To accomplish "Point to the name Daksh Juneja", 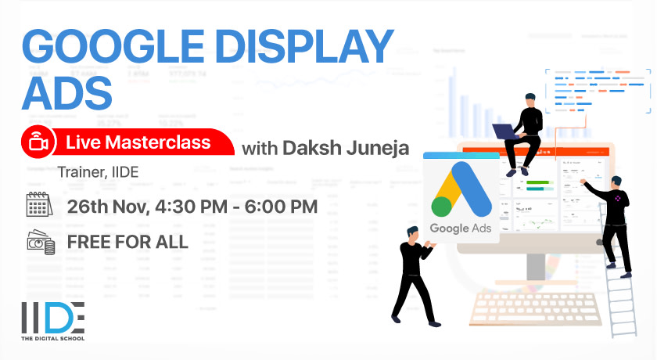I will pyautogui.click(x=347, y=147).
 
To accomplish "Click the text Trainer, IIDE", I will pyautogui.click(x=98, y=171).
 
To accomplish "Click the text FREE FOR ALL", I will pyautogui.click(x=127, y=241).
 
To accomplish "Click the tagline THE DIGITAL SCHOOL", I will pyautogui.click(x=52, y=337).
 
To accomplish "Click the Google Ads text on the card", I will pyautogui.click(x=460, y=229).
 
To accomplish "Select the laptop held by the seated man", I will pyautogui.click(x=503, y=131).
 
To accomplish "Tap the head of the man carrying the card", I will pyautogui.click(x=412, y=232).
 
